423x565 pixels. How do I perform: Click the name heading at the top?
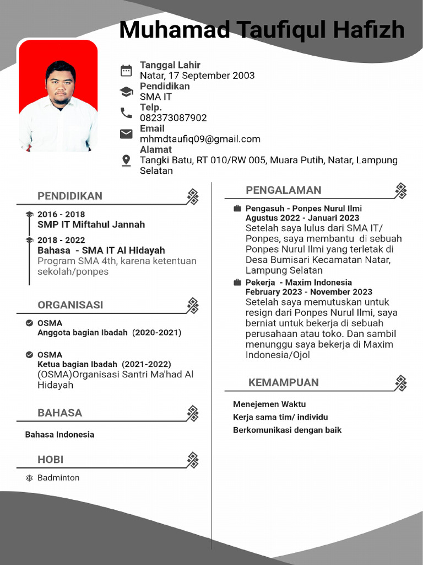[262, 30]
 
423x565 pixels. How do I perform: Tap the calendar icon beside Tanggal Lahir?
[126, 70]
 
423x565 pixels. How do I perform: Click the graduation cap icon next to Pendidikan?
[126, 92]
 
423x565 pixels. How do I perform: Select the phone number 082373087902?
[173, 118]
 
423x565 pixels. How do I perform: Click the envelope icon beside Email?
[126, 134]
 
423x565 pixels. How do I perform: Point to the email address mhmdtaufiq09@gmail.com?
[200, 139]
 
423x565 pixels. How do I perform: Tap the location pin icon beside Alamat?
[126, 160]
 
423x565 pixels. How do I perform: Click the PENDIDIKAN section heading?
[70, 196]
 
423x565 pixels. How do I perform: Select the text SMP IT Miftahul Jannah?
[91, 225]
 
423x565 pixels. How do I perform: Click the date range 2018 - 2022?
[61, 240]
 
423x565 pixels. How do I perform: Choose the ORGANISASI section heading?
[70, 305]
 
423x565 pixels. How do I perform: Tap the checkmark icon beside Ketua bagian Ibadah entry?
[29, 354]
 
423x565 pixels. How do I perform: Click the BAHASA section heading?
[59, 413]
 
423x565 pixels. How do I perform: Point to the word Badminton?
[58, 478]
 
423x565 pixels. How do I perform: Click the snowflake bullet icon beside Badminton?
[29, 478]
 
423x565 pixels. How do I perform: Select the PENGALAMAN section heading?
[283, 190]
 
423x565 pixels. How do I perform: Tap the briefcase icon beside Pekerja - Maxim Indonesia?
[237, 282]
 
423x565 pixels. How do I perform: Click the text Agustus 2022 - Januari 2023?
[302, 218]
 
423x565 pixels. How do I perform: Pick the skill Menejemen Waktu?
[269, 404]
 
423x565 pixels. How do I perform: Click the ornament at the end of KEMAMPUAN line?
[401, 383]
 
